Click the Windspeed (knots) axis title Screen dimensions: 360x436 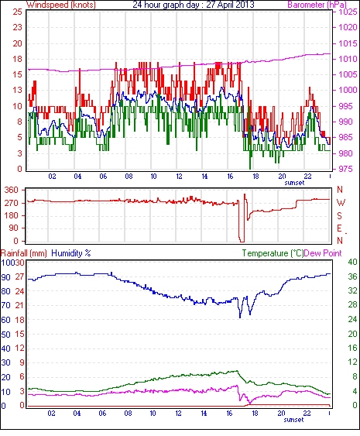pyautogui.click(x=60, y=5)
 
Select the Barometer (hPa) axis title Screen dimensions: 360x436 pyautogui.click(x=317, y=5)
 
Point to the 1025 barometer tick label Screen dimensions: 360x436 pyautogui.click(x=348, y=12)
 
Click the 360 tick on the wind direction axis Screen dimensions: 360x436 pyautogui.click(x=12, y=191)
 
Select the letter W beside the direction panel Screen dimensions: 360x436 pyautogui.click(x=341, y=203)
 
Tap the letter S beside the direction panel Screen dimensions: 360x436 pyautogui.click(x=339, y=215)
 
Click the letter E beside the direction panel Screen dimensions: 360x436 pyautogui.click(x=339, y=228)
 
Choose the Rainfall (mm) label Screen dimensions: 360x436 pyautogui.click(x=24, y=253)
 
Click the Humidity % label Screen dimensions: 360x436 pyautogui.click(x=71, y=253)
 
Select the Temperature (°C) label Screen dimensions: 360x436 pyautogui.click(x=273, y=253)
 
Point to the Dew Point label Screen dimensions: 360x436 pyautogui.click(x=323, y=253)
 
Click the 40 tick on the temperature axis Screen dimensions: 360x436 pyautogui.click(x=352, y=262)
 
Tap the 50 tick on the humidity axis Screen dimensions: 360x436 pyautogui.click(x=6, y=335)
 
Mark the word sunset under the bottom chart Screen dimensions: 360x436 pyautogui.click(x=293, y=420)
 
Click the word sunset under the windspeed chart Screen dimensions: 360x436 pyautogui.click(x=294, y=183)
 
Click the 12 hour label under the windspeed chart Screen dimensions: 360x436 pyautogui.click(x=179, y=177)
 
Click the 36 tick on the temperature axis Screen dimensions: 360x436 pyautogui.click(x=352, y=276)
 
